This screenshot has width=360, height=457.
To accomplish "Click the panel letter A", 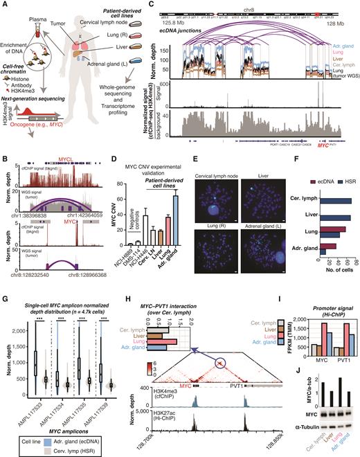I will [5, 5].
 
